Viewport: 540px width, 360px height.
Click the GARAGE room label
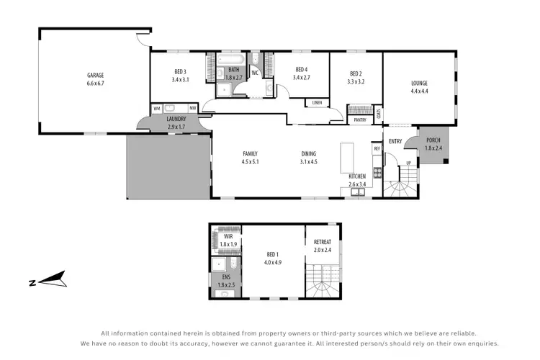[x=96, y=74]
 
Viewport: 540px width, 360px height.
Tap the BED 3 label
[x=180, y=71]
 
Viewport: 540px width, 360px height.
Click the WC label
[x=255, y=73]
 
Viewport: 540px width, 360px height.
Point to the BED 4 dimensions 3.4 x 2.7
[x=302, y=78]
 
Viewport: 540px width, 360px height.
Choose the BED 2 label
[x=356, y=73]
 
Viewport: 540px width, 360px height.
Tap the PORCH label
[x=433, y=140]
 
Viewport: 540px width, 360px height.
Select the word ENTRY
[x=395, y=142]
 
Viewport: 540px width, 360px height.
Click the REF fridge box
[x=377, y=148]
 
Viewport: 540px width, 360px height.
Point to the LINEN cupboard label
[x=317, y=103]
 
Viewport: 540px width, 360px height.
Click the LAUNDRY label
[x=176, y=119]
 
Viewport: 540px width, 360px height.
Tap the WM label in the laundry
[x=156, y=109]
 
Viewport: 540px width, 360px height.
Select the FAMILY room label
[x=250, y=153]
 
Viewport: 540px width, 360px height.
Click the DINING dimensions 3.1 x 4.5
[x=309, y=162]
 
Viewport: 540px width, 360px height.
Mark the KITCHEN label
[x=358, y=176]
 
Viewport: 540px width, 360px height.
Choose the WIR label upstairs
[x=228, y=236]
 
